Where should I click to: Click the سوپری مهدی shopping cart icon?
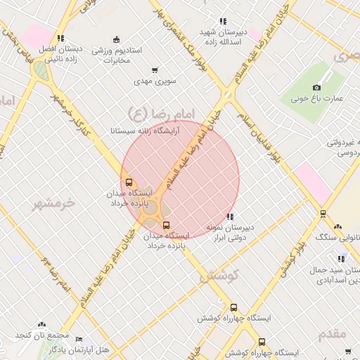tap(155, 70)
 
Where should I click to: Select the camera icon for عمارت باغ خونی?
tap(316, 87)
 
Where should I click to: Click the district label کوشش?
tap(219, 276)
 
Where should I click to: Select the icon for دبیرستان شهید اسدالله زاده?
tap(223, 22)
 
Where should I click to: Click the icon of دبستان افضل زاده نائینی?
tap(60, 39)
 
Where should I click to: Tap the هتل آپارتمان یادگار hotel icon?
tap(79, 339)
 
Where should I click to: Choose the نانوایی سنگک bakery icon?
tap(338, 227)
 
